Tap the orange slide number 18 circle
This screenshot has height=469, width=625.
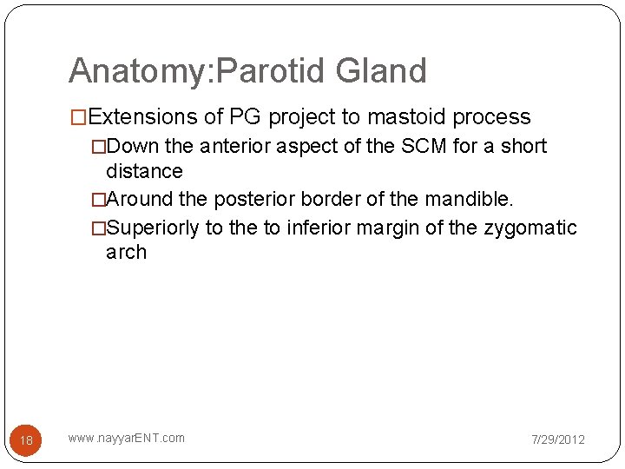click(x=26, y=440)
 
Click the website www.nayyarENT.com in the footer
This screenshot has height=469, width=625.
click(x=127, y=438)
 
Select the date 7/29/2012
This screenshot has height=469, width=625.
click(x=558, y=439)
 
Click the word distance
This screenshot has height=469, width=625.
click(x=144, y=171)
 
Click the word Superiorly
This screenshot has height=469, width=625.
click(x=152, y=228)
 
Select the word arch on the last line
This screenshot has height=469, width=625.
click(x=126, y=253)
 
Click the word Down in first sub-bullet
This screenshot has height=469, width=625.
click(x=132, y=146)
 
